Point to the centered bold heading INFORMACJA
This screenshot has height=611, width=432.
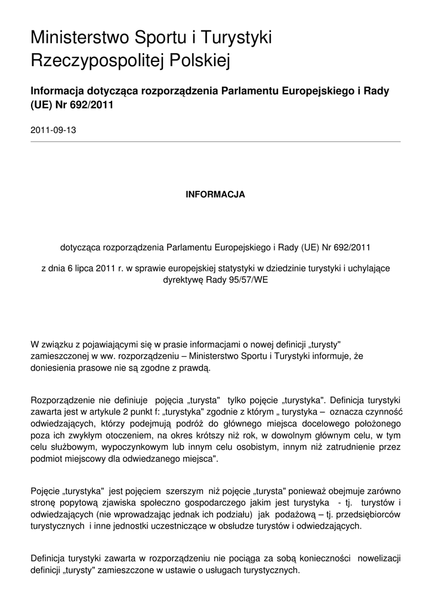(215, 195)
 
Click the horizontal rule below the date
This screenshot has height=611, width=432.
(215, 141)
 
